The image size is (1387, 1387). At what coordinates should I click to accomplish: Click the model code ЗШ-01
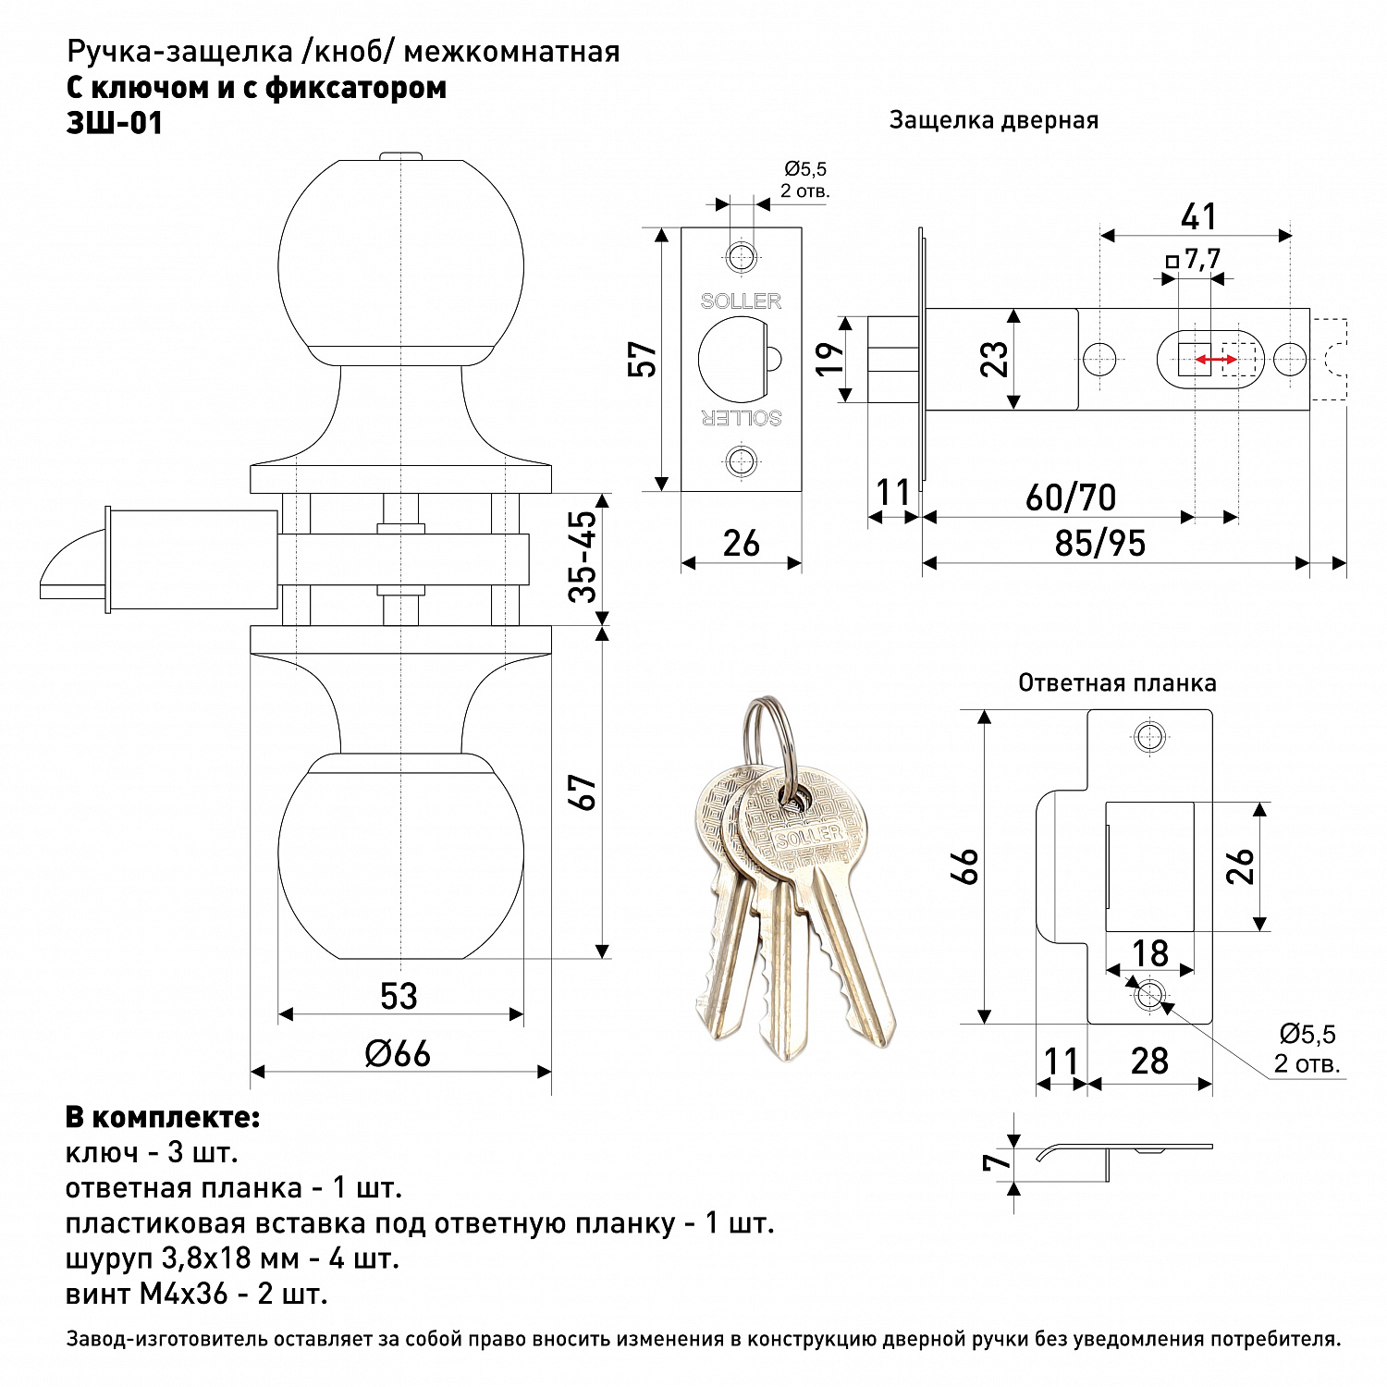click(x=115, y=123)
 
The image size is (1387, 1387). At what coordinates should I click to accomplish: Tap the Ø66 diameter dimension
click(x=398, y=1053)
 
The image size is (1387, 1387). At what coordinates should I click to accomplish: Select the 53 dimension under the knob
click(x=399, y=996)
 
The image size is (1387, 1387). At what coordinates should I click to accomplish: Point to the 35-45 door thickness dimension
click(x=584, y=557)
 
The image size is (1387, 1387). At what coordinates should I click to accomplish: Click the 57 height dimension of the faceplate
click(x=642, y=359)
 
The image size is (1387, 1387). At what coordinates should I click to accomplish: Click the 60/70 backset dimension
click(x=1071, y=497)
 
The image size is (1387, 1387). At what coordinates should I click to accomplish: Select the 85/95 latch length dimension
click(x=1099, y=544)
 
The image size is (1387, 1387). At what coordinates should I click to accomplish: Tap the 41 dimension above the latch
click(x=1198, y=217)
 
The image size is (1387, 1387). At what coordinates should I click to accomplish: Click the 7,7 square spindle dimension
click(x=1194, y=259)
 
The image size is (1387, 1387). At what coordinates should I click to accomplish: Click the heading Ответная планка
click(x=1117, y=683)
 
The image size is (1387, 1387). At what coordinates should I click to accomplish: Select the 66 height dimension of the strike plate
click(x=964, y=866)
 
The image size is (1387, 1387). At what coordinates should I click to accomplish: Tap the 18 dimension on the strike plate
click(x=1150, y=952)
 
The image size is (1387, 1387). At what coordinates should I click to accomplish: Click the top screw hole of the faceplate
click(x=741, y=256)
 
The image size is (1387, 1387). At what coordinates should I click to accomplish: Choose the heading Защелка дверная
click(x=993, y=120)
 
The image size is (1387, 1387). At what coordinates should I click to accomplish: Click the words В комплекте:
click(x=163, y=1117)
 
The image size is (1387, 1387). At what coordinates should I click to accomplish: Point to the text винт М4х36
click(x=146, y=1294)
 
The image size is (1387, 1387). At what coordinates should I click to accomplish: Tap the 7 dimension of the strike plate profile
click(x=997, y=1162)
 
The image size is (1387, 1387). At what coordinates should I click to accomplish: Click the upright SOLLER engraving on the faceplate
click(x=741, y=301)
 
